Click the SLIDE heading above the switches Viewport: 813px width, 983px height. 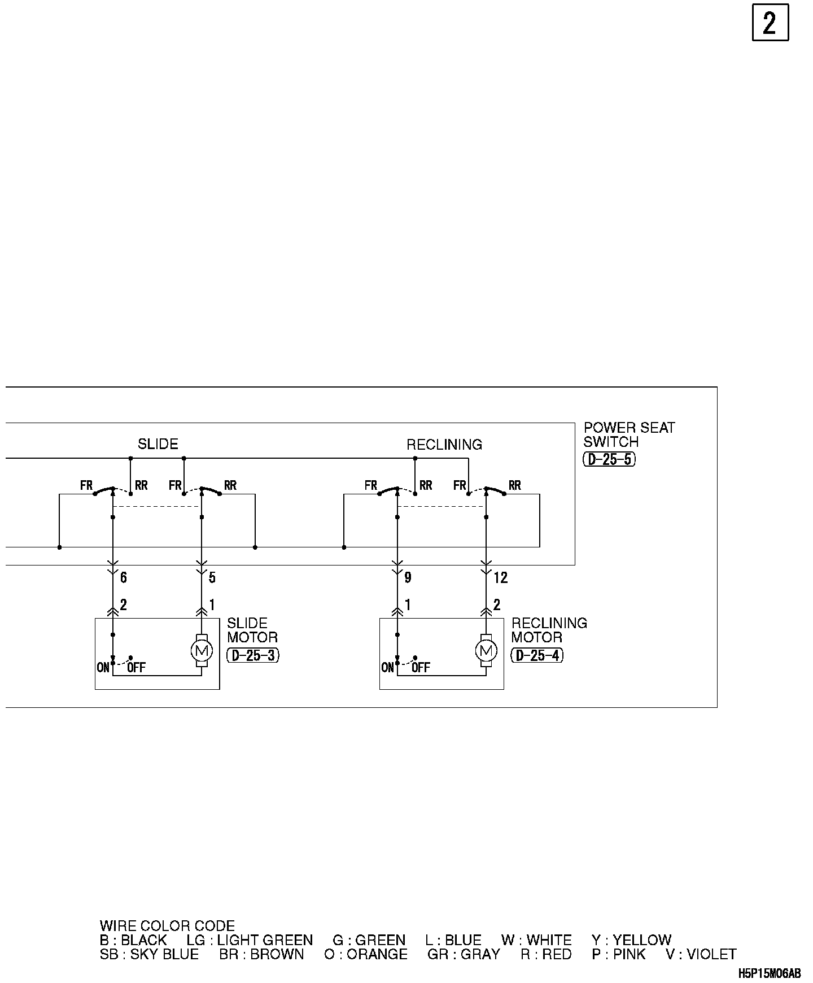158,444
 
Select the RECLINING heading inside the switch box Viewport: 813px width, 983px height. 444,445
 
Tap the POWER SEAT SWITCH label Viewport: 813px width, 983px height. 629,434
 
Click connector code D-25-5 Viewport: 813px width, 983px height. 609,459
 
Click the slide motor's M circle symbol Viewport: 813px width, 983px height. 202,651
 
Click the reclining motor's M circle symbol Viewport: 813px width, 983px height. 486,651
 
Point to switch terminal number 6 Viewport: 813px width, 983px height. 124,577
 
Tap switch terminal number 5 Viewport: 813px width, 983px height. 212,577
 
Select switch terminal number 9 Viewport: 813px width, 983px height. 408,577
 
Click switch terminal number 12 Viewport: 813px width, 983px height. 500,577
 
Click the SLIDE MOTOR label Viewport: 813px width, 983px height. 252,630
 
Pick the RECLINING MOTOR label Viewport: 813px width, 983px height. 549,630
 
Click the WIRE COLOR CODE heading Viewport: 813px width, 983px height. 167,926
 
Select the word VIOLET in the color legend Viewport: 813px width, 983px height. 711,954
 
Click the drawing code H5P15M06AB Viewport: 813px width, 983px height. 769,973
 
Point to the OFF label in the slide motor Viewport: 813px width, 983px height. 137,668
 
